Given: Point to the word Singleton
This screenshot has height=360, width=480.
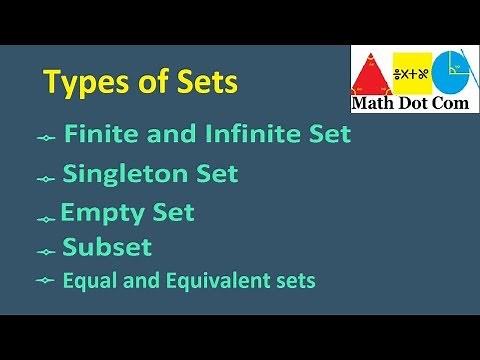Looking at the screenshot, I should pos(124,175).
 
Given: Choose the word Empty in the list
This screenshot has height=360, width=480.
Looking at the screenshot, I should pos(96,214).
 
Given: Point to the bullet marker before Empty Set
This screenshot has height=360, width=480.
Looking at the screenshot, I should pos(45,218).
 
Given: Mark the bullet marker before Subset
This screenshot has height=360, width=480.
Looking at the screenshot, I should pos(45,250).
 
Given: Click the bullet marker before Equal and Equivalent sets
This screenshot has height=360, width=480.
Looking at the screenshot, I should pos(44,282).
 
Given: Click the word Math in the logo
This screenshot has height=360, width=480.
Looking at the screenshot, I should pos(371,102).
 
